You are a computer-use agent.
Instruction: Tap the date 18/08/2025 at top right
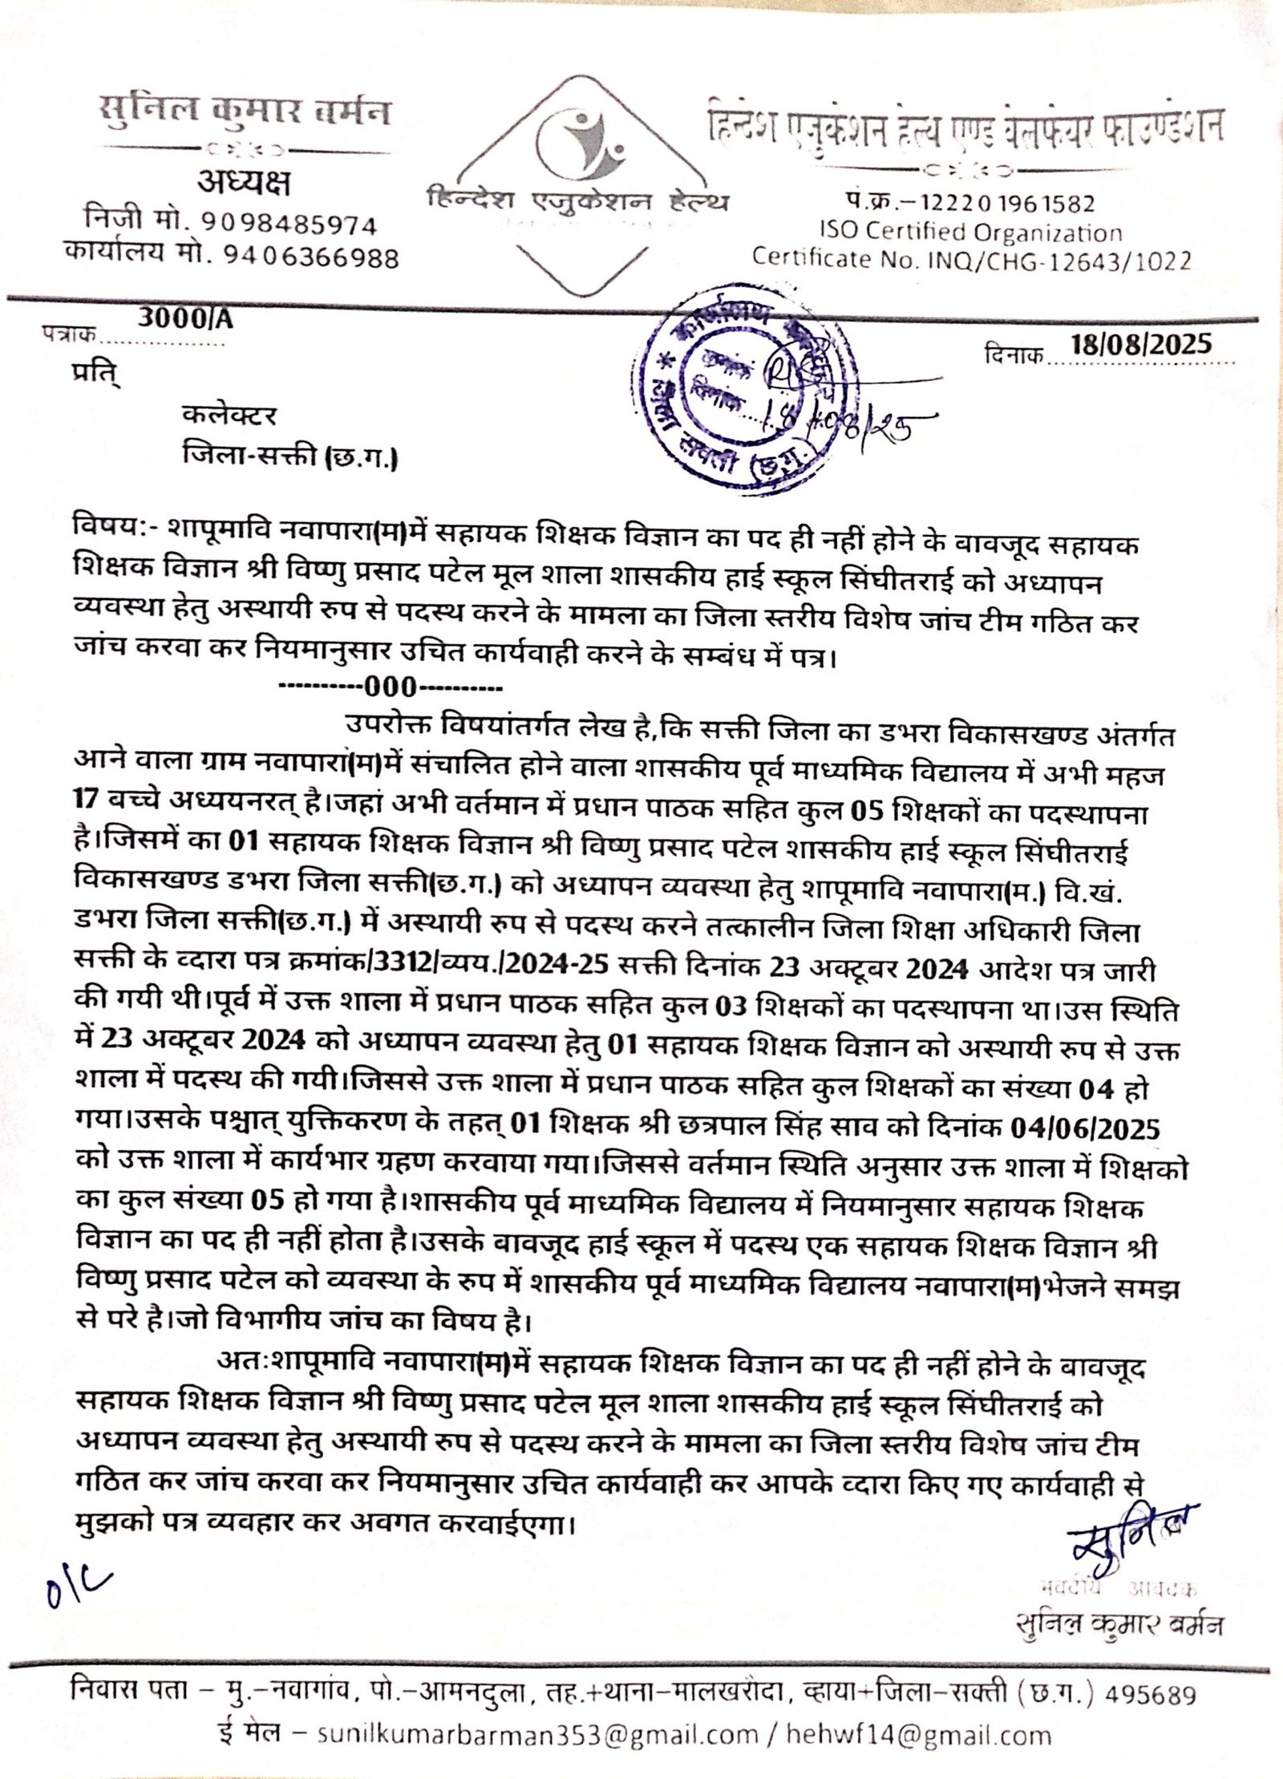(1140, 345)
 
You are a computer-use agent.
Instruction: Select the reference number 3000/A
(185, 318)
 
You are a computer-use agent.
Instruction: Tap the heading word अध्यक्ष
(244, 183)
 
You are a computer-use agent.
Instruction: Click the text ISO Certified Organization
(970, 232)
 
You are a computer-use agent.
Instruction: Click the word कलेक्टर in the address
(229, 415)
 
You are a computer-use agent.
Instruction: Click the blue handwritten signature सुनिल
(1131, 1536)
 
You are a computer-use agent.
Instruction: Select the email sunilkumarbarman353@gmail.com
(537, 1736)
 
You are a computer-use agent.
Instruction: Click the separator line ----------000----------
(390, 687)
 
